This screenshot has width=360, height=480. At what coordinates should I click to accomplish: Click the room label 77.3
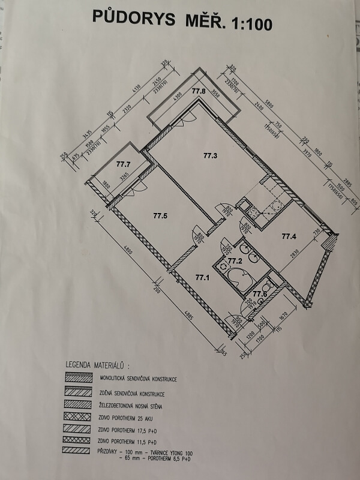tap(209, 156)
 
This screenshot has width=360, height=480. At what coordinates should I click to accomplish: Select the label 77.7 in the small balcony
tap(123, 163)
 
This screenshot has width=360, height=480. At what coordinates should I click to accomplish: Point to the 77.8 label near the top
tap(199, 91)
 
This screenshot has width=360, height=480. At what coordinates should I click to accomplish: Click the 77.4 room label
tap(290, 236)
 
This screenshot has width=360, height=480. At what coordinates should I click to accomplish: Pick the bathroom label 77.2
tap(234, 261)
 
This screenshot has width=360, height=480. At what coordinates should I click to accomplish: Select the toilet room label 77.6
tap(259, 294)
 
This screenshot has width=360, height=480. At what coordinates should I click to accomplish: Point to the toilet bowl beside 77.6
tap(271, 283)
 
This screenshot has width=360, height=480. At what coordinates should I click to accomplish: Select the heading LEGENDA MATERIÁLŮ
tap(98, 364)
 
